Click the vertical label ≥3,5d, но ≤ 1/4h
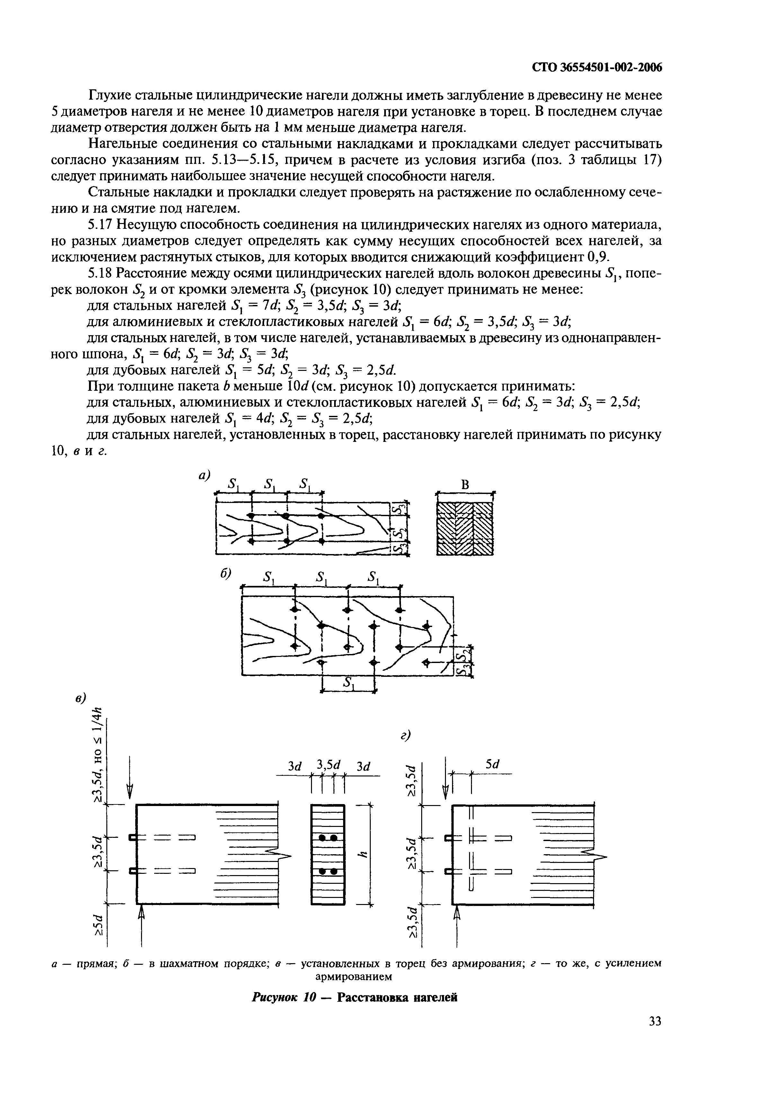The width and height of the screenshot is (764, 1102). (x=98, y=754)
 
